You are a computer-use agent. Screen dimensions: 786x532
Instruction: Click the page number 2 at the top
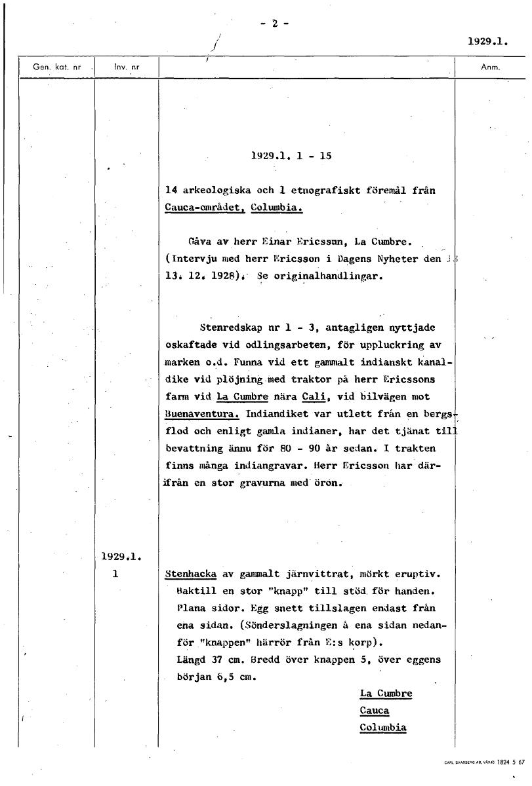[275, 24]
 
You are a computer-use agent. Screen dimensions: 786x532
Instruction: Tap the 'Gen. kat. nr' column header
[57, 67]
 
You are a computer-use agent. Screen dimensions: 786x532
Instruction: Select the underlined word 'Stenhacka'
[191, 574]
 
